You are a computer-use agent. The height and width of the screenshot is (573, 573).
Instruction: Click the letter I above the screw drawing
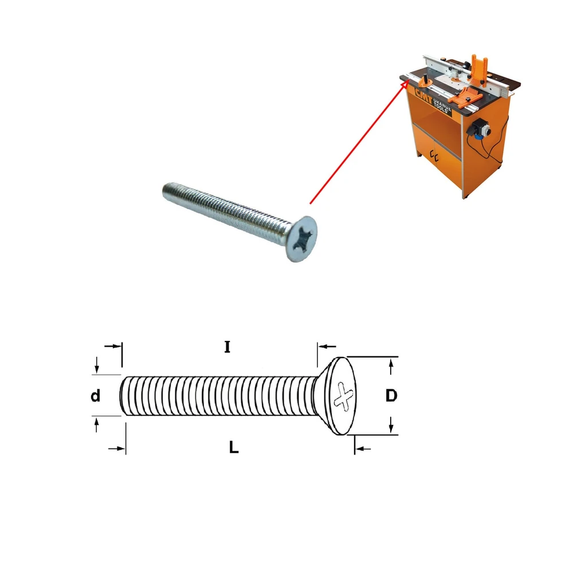point(227,347)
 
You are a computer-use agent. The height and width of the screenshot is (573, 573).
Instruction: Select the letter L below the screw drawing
point(234,448)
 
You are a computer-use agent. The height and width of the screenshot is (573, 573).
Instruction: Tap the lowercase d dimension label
point(95,396)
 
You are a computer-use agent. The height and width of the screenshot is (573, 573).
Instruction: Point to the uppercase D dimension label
point(391,396)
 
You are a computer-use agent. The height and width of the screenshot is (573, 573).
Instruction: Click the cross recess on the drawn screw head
point(344,396)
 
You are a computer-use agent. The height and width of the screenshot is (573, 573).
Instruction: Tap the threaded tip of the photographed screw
point(167,190)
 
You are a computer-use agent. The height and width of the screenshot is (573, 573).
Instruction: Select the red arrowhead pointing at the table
point(405,85)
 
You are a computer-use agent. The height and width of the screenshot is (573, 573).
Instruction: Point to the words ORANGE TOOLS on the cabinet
point(442,105)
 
